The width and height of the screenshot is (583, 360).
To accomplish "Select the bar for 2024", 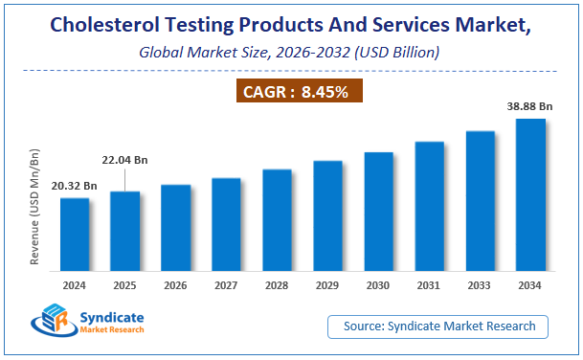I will [75, 234].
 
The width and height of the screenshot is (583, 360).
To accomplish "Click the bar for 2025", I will [125, 231].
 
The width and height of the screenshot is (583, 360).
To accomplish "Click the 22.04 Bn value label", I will [124, 160].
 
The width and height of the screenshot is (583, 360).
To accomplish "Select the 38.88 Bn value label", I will [530, 107].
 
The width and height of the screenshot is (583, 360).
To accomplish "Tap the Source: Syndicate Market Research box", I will [438, 326].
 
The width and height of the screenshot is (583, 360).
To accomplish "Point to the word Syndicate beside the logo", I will [110, 317].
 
